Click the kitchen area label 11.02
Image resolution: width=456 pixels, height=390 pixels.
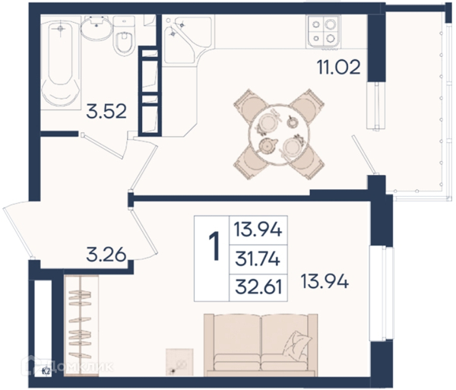pos(339,67)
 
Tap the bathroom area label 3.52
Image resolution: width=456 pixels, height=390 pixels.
pos(106,112)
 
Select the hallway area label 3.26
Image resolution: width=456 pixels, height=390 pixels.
pos(106,254)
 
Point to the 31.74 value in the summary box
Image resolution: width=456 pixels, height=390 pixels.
pos(258,259)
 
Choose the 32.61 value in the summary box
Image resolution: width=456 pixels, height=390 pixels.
pos(258,287)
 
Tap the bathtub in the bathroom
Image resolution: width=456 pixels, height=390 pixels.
pos(61,63)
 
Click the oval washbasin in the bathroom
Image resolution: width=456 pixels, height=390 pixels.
pos(96,27)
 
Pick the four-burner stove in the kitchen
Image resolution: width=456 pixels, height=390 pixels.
pos(324,31)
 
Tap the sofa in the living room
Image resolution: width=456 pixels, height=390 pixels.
pos(261,345)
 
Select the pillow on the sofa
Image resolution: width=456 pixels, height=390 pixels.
pos(297,344)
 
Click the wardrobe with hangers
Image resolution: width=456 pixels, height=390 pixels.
pos(81,325)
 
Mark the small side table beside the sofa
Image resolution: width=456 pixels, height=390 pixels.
pos(179,362)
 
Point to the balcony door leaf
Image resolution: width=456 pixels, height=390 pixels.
pos(363,154)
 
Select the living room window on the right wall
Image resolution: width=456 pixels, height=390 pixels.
pos(381,293)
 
